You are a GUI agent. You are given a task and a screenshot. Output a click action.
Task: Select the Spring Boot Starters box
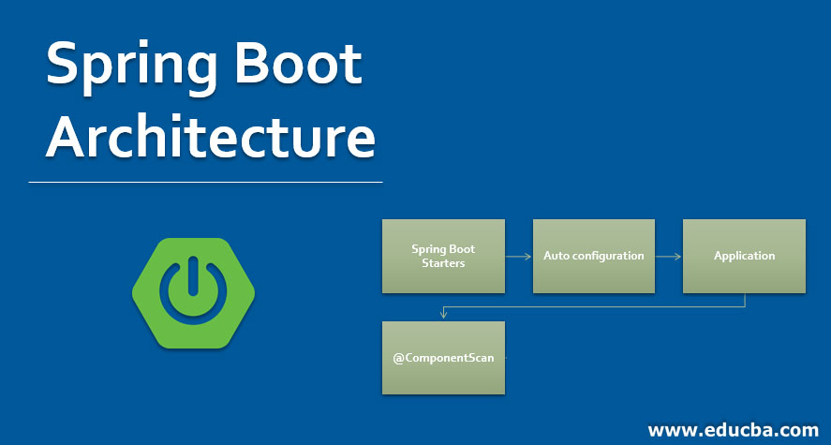tap(443, 256)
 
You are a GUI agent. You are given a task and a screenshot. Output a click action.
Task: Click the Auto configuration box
tap(593, 256)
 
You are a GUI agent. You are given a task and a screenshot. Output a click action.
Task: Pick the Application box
tap(744, 256)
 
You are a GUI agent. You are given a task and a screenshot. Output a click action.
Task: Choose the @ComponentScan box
tap(443, 358)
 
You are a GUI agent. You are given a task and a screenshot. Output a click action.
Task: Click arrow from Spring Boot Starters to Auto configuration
tap(519, 256)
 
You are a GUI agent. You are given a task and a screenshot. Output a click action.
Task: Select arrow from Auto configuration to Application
tap(668, 256)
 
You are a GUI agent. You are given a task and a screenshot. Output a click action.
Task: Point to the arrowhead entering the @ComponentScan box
tap(443, 317)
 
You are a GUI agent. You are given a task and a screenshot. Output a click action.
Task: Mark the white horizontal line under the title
tap(205, 182)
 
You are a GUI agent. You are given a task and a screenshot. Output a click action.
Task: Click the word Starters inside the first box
tap(443, 263)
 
